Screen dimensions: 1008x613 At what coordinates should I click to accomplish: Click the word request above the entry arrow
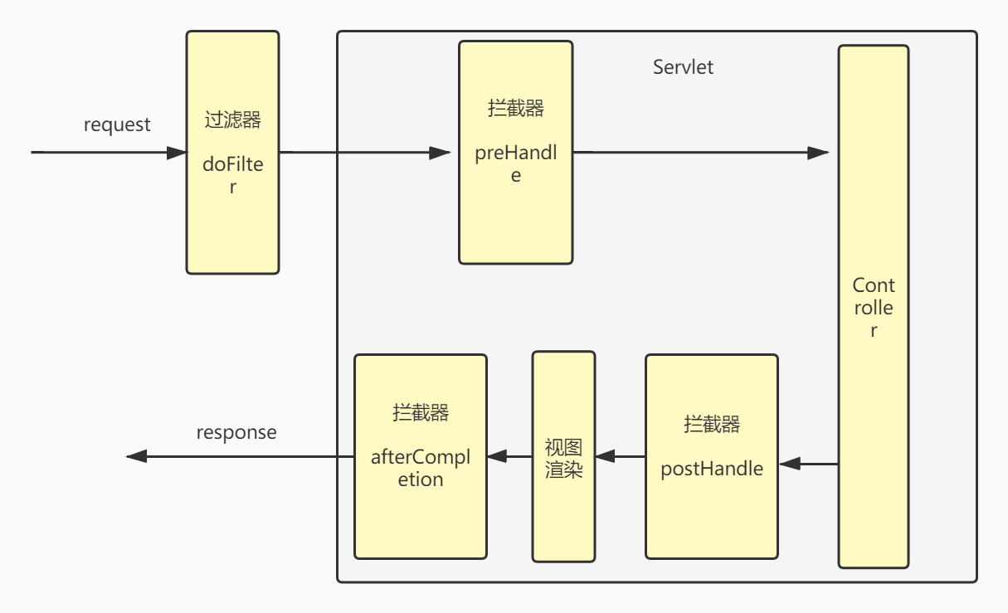click(x=117, y=124)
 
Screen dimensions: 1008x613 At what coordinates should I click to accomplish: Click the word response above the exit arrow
click(x=236, y=433)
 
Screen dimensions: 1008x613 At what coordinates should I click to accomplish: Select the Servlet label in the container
click(x=683, y=67)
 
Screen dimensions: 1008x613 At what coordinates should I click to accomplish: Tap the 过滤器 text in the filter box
click(x=232, y=120)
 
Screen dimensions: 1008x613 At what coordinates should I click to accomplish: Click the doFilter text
click(x=232, y=175)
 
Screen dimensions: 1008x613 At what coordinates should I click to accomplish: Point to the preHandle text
click(x=516, y=164)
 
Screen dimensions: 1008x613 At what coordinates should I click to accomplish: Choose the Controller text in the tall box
click(x=874, y=308)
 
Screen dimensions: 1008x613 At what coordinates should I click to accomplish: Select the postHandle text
click(x=712, y=469)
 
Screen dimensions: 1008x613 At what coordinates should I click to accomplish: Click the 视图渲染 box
click(x=563, y=456)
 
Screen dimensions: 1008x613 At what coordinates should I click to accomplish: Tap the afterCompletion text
click(x=421, y=468)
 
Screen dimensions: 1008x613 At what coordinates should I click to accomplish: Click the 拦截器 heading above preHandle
click(x=516, y=109)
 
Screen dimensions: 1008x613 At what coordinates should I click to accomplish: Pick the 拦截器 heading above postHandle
click(x=712, y=424)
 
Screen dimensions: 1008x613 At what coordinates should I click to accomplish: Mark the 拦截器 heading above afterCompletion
click(x=421, y=412)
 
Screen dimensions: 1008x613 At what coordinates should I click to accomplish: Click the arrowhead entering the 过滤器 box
click(x=177, y=153)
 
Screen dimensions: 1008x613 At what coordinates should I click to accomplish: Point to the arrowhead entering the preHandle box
click(x=440, y=153)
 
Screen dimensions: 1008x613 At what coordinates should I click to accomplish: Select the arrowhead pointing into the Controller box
click(x=818, y=153)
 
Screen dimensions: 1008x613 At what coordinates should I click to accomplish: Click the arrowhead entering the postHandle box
click(x=790, y=464)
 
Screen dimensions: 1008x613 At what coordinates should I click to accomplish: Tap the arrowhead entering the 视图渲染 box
click(x=605, y=456)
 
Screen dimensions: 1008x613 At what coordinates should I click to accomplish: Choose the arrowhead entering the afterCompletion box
click(x=497, y=456)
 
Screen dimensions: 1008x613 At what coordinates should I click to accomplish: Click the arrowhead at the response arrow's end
click(x=136, y=456)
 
